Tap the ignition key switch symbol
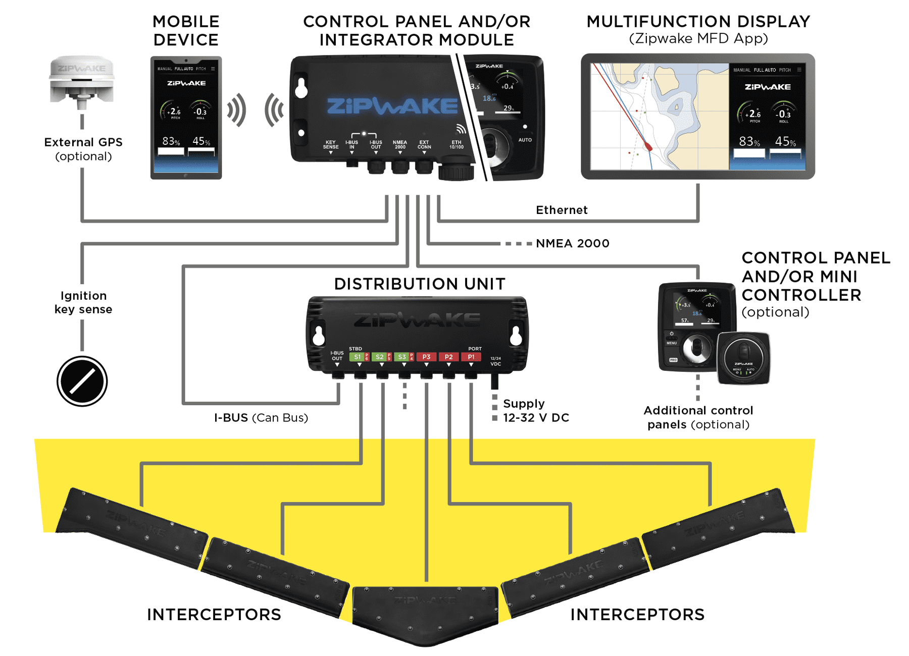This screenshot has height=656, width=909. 82,381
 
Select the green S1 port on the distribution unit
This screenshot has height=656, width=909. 358,357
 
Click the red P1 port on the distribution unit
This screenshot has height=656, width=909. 471,357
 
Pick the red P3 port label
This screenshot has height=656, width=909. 426,357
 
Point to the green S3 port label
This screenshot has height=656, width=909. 402,357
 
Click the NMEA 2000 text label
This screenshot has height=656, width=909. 572,244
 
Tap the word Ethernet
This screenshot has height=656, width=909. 562,210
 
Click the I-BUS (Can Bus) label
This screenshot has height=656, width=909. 261,418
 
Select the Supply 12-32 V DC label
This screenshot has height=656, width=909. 536,411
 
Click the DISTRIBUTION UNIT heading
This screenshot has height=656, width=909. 420,284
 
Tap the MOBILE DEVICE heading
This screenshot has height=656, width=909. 186,31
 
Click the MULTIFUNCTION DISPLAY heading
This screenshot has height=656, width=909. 698,22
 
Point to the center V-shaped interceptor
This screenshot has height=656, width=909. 425,613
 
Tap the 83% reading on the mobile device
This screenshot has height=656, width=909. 171,141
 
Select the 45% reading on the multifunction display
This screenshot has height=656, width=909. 785,141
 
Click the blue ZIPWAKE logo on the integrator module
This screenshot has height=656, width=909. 392,106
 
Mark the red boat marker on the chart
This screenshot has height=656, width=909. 648,147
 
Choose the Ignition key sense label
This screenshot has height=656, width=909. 83,302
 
